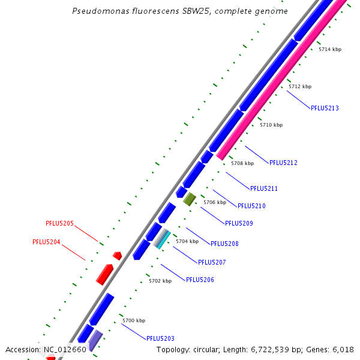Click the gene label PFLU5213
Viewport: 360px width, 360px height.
click(325, 109)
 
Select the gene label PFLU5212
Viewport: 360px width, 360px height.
click(283, 163)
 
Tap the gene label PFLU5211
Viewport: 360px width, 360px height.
click(263, 189)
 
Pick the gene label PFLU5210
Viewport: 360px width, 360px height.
click(251, 206)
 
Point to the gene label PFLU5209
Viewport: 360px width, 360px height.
click(239, 224)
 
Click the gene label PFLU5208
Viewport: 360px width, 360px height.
click(224, 244)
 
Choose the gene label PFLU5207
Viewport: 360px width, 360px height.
click(212, 262)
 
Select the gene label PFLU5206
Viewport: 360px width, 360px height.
click(200, 280)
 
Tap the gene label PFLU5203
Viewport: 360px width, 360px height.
click(160, 338)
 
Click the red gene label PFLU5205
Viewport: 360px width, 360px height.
click(59, 224)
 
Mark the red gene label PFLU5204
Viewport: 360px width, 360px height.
click(46, 242)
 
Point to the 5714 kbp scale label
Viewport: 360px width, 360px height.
click(329, 49)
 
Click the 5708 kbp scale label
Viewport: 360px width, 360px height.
click(242, 163)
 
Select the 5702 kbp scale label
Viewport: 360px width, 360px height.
click(160, 281)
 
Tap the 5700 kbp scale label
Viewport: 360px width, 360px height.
click(134, 320)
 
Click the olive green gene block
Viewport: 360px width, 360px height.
click(190, 199)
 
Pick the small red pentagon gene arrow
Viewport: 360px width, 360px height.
click(117, 256)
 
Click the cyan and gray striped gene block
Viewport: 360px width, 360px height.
click(162, 239)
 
